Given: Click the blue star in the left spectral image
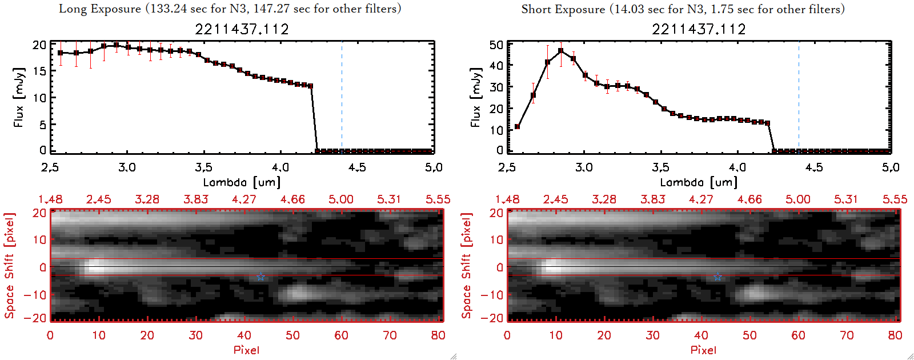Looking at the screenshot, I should tap(260, 277).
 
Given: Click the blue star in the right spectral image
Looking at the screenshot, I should tap(717, 277).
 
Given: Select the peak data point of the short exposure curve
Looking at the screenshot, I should tap(561, 51).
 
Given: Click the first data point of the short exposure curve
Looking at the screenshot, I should tap(517, 127).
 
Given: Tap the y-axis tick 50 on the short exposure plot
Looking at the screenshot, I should tap(496, 45).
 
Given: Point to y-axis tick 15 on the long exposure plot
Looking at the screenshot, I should tap(39, 71).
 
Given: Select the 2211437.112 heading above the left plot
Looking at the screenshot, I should tap(242, 29).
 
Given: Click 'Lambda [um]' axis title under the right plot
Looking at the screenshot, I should tap(699, 182).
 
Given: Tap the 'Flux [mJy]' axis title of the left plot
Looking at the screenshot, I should tap(19, 98).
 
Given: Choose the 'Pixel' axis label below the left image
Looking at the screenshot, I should tap(246, 350).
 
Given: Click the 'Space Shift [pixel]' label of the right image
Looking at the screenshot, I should tap(467, 266).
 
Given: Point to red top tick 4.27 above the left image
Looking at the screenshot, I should tap(244, 199).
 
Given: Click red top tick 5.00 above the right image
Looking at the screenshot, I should tap(797, 199).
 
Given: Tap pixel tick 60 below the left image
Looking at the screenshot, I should tap(341, 335).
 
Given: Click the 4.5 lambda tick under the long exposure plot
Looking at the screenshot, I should tap(357, 167).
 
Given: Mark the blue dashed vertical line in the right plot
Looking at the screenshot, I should tap(799, 97).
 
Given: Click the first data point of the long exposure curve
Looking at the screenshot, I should tap(60, 53).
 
